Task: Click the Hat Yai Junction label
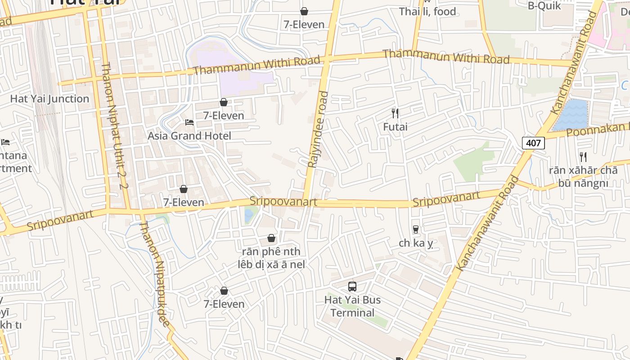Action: pos(49,99)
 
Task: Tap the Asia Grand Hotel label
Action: pos(189,136)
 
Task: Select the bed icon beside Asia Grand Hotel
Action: pos(189,122)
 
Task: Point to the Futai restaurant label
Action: pos(395,127)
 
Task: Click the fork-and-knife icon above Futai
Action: pos(395,113)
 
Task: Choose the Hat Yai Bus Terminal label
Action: pos(353,306)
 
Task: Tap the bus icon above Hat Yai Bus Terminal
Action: pos(352,286)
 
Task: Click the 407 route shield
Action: pos(533,143)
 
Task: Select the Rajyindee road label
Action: pos(317,130)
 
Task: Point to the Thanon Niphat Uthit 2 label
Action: pos(114,126)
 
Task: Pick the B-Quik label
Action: pos(544,5)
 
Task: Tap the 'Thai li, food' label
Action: pos(427,12)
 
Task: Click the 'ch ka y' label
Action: pos(416,243)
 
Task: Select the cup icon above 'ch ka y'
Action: pos(416,229)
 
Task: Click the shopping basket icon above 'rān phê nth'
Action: pos(271,238)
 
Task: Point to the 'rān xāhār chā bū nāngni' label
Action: pos(583,177)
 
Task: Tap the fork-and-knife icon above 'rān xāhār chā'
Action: pos(583,157)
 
